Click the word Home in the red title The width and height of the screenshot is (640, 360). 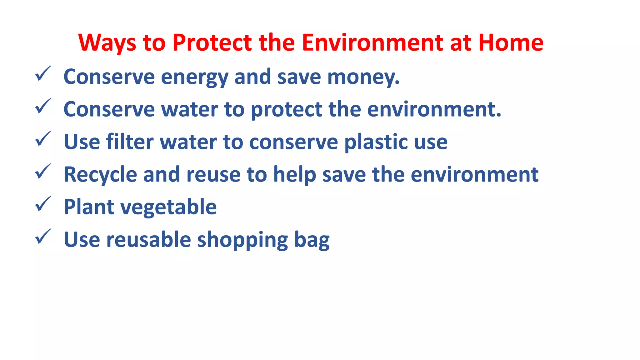[x=511, y=42]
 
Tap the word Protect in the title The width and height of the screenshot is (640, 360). [x=212, y=42]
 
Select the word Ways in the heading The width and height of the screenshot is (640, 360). [x=107, y=43]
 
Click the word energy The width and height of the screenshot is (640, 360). [x=194, y=77]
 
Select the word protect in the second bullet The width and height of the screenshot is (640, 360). [x=287, y=110]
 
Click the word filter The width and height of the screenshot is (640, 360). [x=130, y=142]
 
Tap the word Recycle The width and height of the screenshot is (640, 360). [x=100, y=175]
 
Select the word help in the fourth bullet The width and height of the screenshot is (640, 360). [x=295, y=174]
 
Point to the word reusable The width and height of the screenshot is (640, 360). [x=149, y=239]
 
